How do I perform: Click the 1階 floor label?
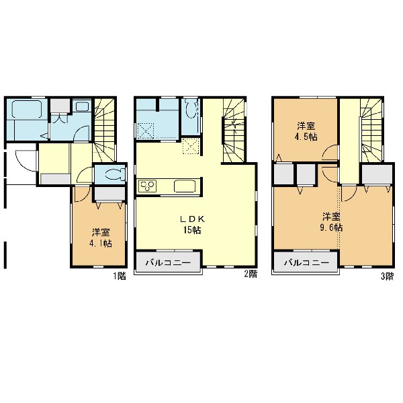(x=120, y=277)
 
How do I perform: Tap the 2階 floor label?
(x=251, y=274)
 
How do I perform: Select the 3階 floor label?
(x=387, y=277)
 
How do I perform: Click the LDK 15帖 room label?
(x=192, y=225)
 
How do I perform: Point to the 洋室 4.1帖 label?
(x=101, y=238)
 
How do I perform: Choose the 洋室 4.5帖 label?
(x=306, y=131)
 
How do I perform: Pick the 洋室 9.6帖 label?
(x=331, y=222)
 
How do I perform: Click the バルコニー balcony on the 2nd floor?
(x=168, y=262)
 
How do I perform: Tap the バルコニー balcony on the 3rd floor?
(x=306, y=262)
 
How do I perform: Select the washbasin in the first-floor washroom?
(x=82, y=106)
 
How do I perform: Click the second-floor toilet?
(x=191, y=109)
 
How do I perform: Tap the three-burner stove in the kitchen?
(x=147, y=186)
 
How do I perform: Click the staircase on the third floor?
(x=371, y=131)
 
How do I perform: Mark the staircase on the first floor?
(x=104, y=130)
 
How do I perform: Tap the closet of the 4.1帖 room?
(x=109, y=193)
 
